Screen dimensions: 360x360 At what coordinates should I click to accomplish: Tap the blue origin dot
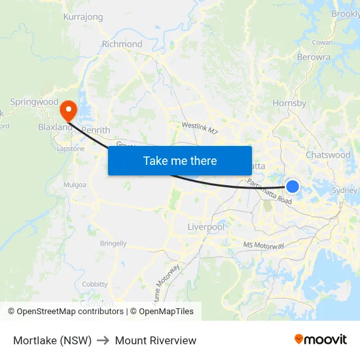pyautogui.click(x=293, y=187)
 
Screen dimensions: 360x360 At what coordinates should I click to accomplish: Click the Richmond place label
pyautogui.click(x=122, y=44)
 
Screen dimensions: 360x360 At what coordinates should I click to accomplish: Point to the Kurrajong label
pyautogui.click(x=83, y=17)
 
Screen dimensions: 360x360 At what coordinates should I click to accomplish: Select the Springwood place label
pyautogui.click(x=34, y=102)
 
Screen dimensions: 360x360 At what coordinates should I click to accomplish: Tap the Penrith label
pyautogui.click(x=96, y=130)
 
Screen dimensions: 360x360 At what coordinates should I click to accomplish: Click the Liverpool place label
pyautogui.click(x=206, y=226)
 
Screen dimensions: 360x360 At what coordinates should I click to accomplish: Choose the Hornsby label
pyautogui.click(x=289, y=103)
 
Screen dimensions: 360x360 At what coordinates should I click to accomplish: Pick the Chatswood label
pyautogui.click(x=328, y=155)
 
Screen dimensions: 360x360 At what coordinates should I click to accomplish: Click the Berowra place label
pyautogui.click(x=314, y=57)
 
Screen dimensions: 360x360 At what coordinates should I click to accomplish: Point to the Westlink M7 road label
pyautogui.click(x=200, y=127)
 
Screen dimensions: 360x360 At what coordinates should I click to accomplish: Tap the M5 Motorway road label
pyautogui.click(x=264, y=245)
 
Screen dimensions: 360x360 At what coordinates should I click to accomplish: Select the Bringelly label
pyautogui.click(x=113, y=243)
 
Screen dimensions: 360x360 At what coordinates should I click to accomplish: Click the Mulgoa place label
pyautogui.click(x=75, y=185)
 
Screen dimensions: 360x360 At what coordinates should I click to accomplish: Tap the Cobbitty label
pyautogui.click(x=95, y=284)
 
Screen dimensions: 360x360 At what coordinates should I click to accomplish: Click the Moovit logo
pyautogui.click(x=321, y=340)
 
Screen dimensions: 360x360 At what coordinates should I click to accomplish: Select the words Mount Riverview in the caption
pyautogui.click(x=156, y=340)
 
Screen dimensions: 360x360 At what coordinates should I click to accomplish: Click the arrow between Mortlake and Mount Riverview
pyautogui.click(x=103, y=340)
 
